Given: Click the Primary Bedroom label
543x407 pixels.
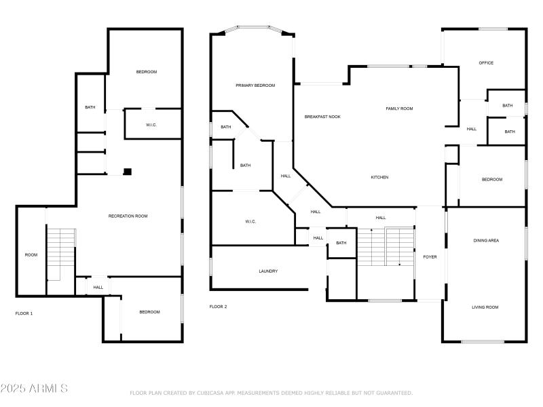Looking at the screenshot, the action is click(x=255, y=85).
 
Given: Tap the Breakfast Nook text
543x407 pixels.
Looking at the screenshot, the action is click(x=322, y=117).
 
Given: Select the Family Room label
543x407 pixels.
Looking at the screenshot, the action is click(x=399, y=109).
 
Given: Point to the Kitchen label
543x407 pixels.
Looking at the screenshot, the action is click(x=379, y=177).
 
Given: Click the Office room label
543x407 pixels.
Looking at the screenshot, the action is click(x=486, y=63).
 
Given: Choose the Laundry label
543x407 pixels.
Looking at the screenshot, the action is click(x=268, y=271).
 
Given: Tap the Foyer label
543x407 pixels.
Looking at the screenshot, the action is click(x=430, y=257).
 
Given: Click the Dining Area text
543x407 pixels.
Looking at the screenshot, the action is click(x=486, y=241).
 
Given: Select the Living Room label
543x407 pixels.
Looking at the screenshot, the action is click(x=485, y=307).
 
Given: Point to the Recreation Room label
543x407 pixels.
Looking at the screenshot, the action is click(x=128, y=216).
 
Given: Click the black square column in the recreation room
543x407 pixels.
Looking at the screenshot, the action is click(x=128, y=172).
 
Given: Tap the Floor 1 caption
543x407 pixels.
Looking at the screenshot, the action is click(x=24, y=313).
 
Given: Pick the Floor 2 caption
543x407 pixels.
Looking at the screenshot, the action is click(x=218, y=307).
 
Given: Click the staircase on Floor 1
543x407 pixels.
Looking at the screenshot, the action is click(x=60, y=254).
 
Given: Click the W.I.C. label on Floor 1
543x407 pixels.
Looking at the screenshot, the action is click(x=151, y=125).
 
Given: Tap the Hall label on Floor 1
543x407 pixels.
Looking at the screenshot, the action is click(x=98, y=287).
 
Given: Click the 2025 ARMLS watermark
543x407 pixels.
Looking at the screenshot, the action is click(x=34, y=388).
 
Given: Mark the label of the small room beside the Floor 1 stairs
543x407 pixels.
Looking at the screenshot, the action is click(x=31, y=255).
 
